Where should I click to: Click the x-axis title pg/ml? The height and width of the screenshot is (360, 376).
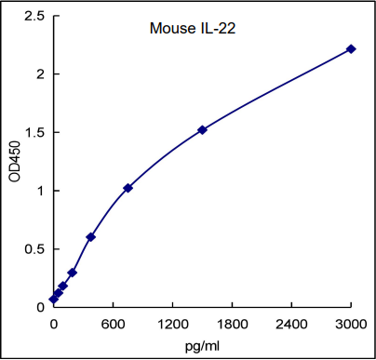(203, 345)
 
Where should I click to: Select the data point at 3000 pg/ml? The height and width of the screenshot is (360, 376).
(351, 48)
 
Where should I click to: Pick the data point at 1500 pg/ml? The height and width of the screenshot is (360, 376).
(202, 129)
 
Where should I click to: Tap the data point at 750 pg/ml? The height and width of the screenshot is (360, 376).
(128, 188)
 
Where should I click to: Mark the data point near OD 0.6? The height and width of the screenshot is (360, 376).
(90, 236)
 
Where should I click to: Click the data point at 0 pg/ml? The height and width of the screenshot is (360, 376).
(53, 300)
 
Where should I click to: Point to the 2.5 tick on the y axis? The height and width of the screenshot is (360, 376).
(34, 16)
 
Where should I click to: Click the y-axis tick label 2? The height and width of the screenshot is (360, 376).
(40, 74)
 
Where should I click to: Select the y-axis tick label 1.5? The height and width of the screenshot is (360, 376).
(34, 132)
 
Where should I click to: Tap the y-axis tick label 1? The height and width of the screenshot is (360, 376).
(40, 191)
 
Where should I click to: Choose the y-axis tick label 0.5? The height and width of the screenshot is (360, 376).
(34, 249)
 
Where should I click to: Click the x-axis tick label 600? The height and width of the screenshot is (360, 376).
(113, 323)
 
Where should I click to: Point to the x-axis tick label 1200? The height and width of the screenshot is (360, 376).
(172, 323)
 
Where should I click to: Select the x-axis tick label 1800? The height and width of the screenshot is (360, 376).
(232, 323)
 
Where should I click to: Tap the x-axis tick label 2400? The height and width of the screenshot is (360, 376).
(291, 323)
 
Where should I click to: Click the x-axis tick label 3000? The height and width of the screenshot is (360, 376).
(351, 323)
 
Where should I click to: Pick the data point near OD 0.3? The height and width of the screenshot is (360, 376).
(72, 273)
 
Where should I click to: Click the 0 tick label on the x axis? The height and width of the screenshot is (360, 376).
(53, 323)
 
